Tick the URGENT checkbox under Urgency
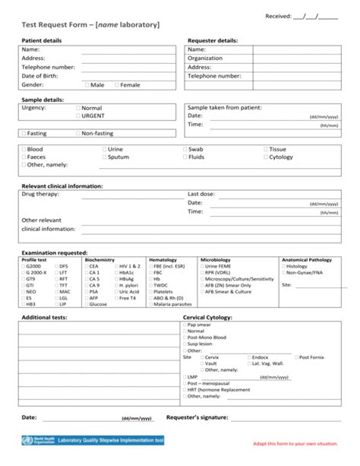pyautogui.click(x=78, y=116)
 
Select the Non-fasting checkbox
pyautogui.click(x=77, y=133)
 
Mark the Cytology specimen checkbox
pyautogui.click(x=266, y=157)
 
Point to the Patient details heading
pyautogui.click(x=42, y=40)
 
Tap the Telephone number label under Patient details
pyautogui.click(x=48, y=67)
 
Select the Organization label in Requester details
pyautogui.click(x=205, y=58)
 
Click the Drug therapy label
pyautogui.click(x=39, y=194)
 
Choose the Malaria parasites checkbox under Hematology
pyautogui.click(x=150, y=304)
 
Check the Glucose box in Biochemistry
pyautogui.click(x=86, y=304)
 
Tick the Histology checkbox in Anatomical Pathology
pyautogui.click(x=283, y=267)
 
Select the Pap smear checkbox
pyautogui.click(x=185, y=325)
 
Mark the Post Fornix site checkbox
pyautogui.click(x=297, y=357)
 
